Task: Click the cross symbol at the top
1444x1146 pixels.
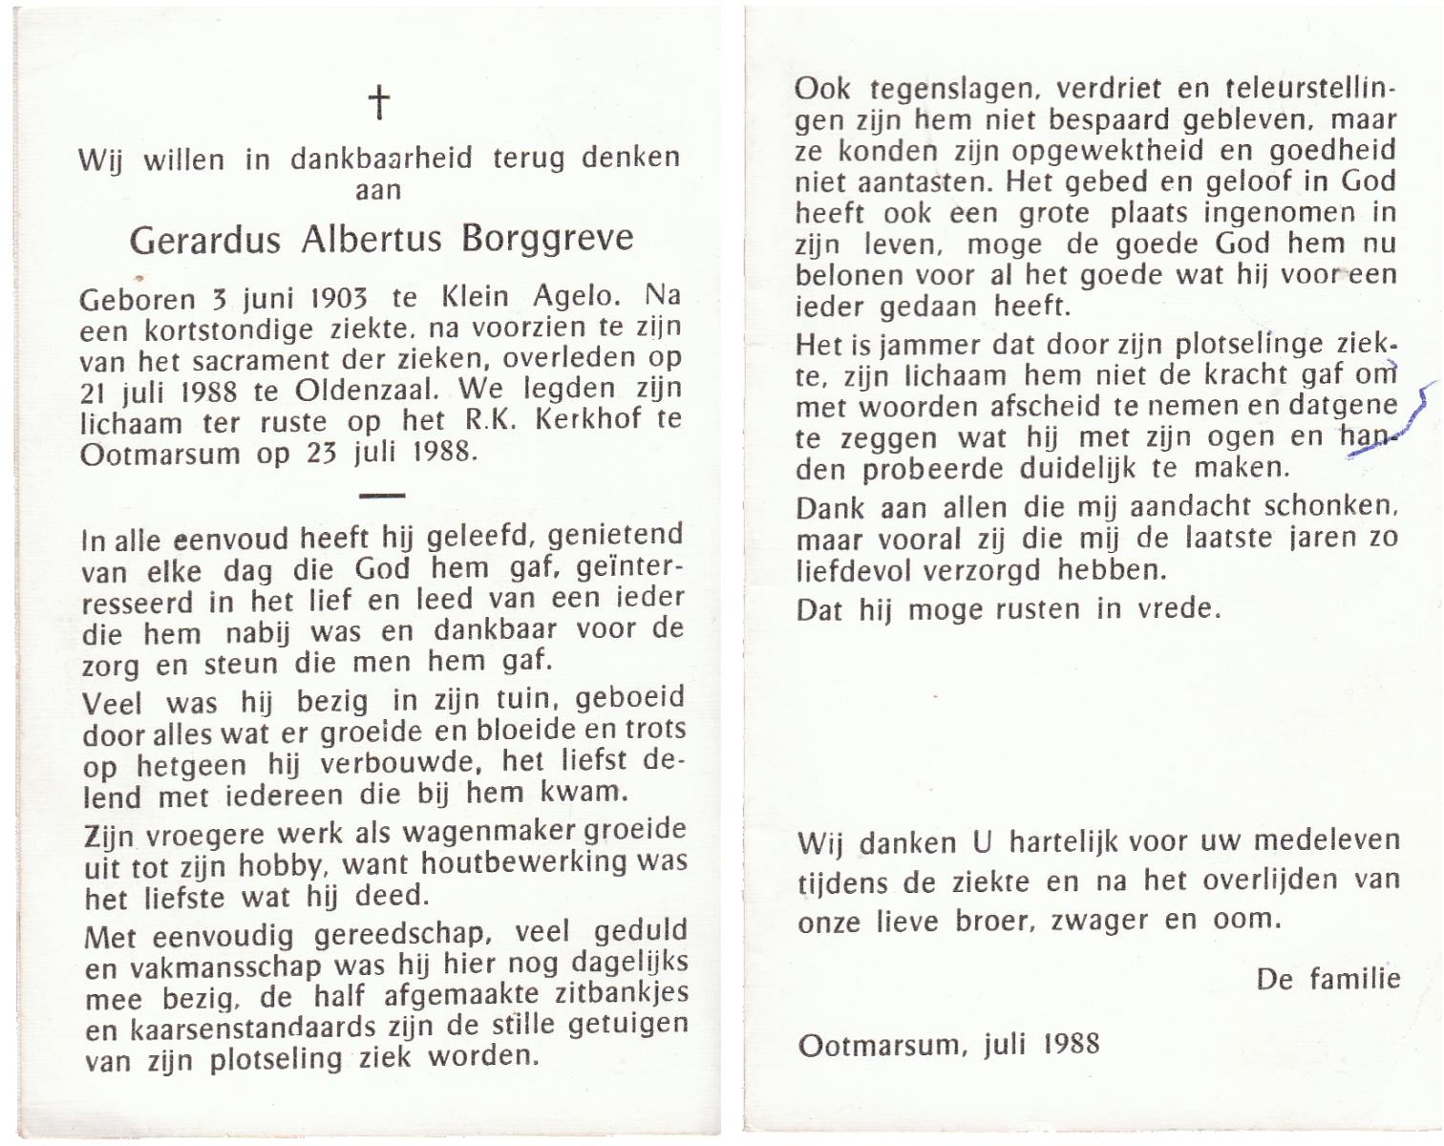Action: tap(379, 102)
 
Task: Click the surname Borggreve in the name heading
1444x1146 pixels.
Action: tap(547, 238)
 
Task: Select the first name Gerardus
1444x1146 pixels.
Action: tap(205, 240)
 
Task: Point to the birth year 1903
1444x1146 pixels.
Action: tap(339, 298)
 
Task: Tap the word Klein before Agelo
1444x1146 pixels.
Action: tap(477, 297)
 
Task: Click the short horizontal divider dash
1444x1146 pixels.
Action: tap(382, 495)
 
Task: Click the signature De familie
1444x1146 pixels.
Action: tap(1328, 979)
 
